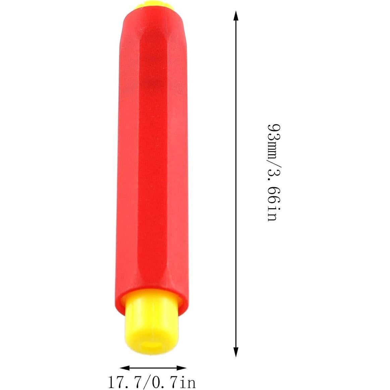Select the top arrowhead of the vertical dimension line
point(236,15)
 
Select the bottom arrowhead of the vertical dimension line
point(236,352)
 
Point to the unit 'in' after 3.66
point(272,213)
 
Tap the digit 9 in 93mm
point(272,128)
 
